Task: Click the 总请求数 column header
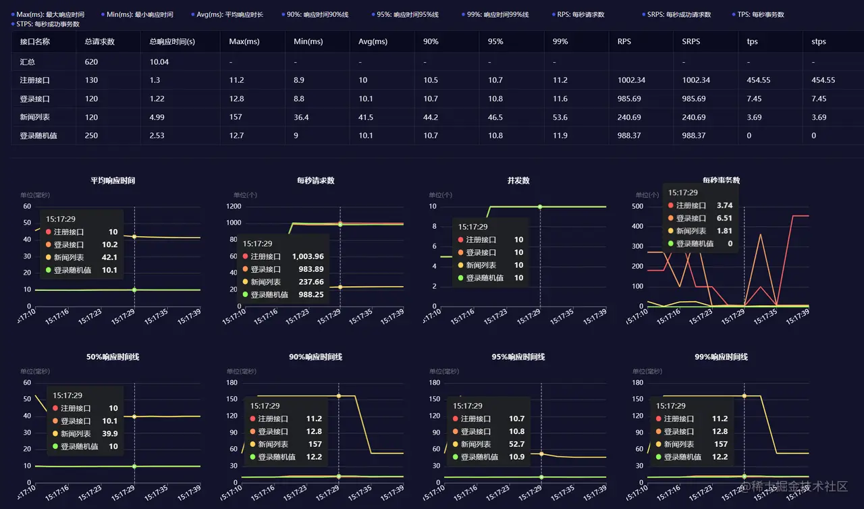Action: click(x=100, y=41)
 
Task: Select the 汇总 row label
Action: click(x=28, y=61)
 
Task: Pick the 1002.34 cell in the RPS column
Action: click(x=631, y=80)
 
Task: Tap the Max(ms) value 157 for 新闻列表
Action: click(x=236, y=117)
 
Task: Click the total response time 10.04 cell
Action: click(x=159, y=61)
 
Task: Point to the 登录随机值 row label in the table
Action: click(x=38, y=135)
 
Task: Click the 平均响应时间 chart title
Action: click(x=113, y=180)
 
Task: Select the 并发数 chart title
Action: click(x=518, y=180)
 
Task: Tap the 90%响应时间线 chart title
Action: click(x=316, y=356)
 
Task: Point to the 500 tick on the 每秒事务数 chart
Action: click(x=637, y=207)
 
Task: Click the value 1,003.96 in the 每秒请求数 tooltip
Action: click(x=308, y=257)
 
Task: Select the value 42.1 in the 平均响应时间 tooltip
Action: click(x=110, y=257)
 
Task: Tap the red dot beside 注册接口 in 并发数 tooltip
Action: click(x=461, y=240)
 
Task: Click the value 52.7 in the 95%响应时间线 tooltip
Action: click(x=516, y=444)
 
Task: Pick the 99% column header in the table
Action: click(x=560, y=41)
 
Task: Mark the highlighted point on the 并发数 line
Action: click(x=540, y=207)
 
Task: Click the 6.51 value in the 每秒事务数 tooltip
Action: click(x=724, y=218)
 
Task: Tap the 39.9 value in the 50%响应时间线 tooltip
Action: click(x=109, y=433)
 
